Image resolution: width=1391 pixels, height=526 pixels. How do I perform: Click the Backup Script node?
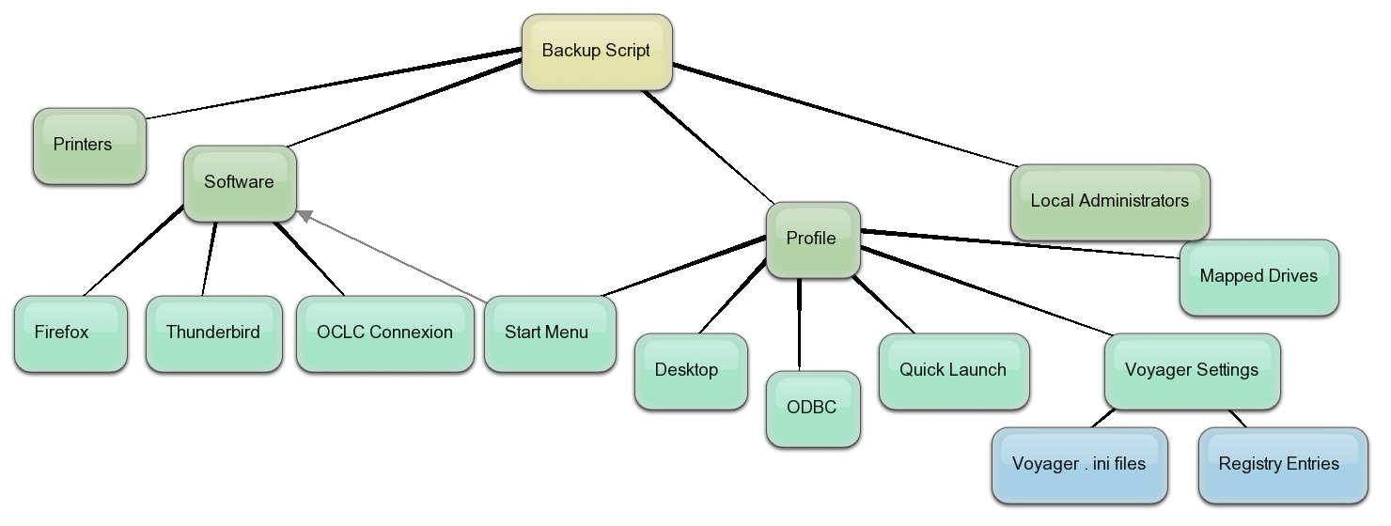point(597,52)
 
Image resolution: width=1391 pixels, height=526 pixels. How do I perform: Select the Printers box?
point(89,146)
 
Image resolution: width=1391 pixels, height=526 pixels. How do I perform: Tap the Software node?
point(240,183)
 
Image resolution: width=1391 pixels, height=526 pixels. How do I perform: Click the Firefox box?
point(70,333)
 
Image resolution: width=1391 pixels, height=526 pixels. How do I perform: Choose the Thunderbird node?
point(213,333)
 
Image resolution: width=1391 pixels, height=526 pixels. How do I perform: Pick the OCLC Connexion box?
point(384,333)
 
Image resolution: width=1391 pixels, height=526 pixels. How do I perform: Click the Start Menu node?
point(550,333)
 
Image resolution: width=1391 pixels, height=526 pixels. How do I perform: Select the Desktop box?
point(691,371)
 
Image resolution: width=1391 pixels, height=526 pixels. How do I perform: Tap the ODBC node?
point(813,409)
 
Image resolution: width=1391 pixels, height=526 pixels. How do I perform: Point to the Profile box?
point(813,240)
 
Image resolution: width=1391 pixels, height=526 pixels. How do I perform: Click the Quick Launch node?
point(954,371)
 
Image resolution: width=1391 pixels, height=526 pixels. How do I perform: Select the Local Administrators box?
point(1110,202)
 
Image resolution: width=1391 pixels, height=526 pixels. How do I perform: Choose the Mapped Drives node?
point(1258,277)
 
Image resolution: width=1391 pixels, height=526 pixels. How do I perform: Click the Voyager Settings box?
point(1192,371)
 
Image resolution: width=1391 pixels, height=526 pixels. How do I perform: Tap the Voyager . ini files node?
point(1079,465)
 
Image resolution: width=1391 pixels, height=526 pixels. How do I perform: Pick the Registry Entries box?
point(1283,465)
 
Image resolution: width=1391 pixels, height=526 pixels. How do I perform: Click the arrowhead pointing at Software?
point(305,216)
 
